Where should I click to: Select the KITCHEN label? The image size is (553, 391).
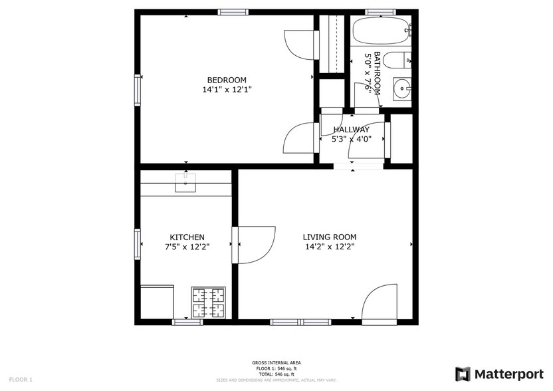(187, 237)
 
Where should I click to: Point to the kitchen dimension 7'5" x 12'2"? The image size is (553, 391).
(187, 247)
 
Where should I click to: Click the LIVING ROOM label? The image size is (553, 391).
(330, 237)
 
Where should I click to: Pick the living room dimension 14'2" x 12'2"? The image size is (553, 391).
(330, 247)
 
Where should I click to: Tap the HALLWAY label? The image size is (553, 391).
(352, 130)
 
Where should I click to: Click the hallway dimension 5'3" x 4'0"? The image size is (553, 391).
(352, 140)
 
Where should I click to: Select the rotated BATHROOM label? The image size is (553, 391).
(378, 73)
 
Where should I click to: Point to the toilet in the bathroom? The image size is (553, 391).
(398, 61)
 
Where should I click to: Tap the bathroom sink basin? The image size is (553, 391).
(401, 88)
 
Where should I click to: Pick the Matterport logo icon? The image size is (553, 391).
(463, 374)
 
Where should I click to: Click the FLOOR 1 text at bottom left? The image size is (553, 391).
(21, 379)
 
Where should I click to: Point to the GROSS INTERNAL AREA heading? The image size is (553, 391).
(276, 362)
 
